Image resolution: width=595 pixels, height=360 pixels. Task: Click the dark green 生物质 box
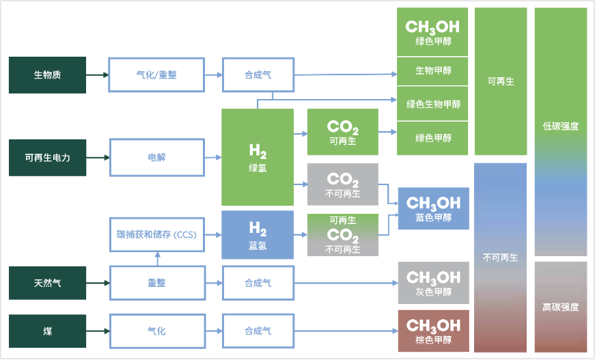(47, 74)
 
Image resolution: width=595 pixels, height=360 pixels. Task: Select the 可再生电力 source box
(47, 157)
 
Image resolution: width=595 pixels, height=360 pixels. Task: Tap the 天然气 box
(47, 283)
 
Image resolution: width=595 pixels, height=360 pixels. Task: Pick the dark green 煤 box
(47, 331)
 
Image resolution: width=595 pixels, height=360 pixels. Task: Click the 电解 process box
(157, 157)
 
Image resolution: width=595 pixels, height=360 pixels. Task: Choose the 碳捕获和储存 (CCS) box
(157, 235)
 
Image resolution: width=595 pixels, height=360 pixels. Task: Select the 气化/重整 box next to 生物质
(157, 74)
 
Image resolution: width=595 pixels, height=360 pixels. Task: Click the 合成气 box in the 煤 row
(258, 331)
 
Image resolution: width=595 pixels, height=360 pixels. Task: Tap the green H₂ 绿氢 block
(258, 157)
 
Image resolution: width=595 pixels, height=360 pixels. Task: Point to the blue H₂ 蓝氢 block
(258, 234)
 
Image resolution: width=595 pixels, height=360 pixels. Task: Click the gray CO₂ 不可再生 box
(343, 184)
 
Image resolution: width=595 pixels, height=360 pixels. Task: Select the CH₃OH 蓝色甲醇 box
(433, 208)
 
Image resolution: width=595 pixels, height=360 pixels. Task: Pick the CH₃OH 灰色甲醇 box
(433, 283)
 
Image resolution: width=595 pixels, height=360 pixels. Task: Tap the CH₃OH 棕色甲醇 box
(433, 331)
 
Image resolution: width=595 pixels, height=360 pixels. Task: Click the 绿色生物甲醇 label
(433, 104)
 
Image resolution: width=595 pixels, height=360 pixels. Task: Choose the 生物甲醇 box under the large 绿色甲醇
(433, 70)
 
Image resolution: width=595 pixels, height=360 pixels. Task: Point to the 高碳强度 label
(560, 307)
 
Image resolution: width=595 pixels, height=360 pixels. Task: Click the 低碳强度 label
(560, 126)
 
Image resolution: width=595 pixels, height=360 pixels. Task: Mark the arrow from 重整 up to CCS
(157, 259)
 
